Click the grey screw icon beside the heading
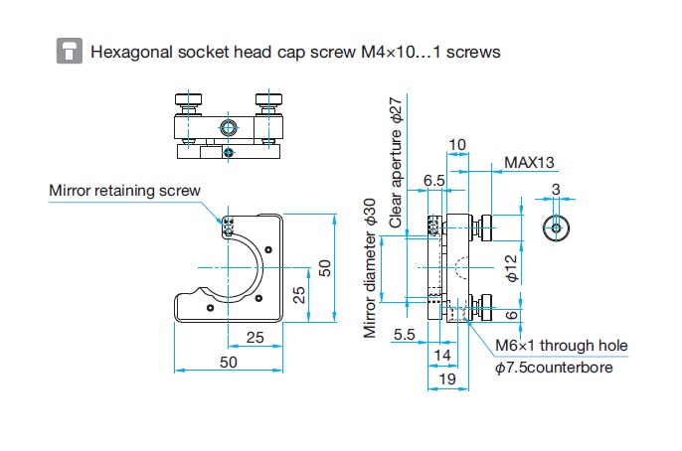click(x=70, y=51)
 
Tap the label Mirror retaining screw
click(x=124, y=191)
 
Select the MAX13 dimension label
click(x=529, y=163)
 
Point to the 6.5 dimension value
click(x=434, y=181)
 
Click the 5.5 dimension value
click(x=404, y=334)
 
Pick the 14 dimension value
click(x=442, y=356)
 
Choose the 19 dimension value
click(x=447, y=378)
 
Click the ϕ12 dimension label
click(x=512, y=268)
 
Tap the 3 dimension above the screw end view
click(x=556, y=189)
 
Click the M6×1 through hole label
click(x=562, y=346)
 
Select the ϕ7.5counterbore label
click(x=554, y=368)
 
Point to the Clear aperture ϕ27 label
click(x=396, y=163)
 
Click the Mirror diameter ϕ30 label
click(x=369, y=268)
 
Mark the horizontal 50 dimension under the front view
click(x=229, y=362)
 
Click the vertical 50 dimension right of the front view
click(x=324, y=268)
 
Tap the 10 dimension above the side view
click(x=456, y=145)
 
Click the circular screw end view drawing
click(x=556, y=227)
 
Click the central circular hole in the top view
click(x=229, y=128)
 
